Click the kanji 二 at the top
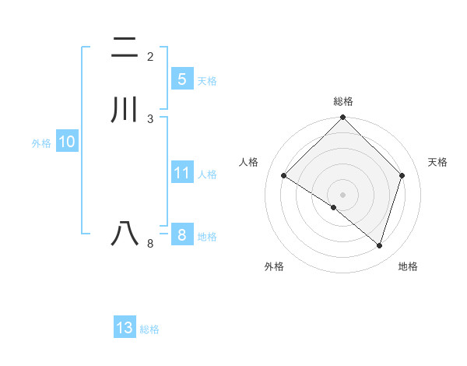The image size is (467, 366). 125,48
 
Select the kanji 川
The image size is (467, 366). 125,109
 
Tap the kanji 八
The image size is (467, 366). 125,233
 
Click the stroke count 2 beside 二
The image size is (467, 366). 150,57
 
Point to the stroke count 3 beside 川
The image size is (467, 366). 150,118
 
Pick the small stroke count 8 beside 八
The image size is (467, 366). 150,244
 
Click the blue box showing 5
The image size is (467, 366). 181,79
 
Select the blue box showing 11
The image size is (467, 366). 181,173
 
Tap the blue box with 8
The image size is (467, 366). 181,235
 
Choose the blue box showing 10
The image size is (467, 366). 66,143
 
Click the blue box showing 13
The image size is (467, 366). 125,328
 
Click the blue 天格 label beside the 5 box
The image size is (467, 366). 207,81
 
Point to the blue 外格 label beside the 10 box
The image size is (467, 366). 41,143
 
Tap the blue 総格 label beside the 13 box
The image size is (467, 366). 149,329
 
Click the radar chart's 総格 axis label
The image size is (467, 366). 343,101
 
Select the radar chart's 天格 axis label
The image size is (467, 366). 438,162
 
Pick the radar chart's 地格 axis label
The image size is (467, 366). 408,267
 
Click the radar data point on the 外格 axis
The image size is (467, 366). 334,207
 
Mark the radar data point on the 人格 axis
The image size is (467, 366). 283,176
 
